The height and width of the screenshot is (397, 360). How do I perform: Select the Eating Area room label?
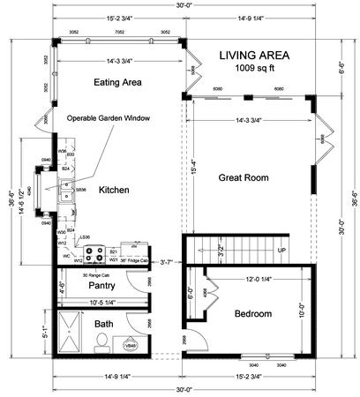pos(119,82)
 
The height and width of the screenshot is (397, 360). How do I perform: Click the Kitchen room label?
pos(115,190)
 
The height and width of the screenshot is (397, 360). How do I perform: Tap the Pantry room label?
pos(103,286)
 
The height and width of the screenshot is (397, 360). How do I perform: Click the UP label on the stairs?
pos(281,251)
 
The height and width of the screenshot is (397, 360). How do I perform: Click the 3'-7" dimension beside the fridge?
pos(165,261)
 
